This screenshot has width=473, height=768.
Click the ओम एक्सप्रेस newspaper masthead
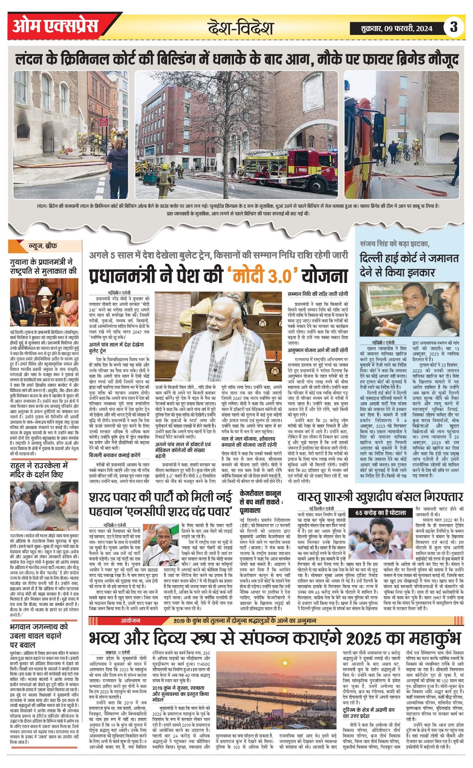coord(56,26)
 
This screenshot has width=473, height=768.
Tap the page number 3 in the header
coord(454,27)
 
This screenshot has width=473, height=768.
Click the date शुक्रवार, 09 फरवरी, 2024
coord(396,28)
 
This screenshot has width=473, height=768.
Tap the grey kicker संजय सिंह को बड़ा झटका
coord(395,244)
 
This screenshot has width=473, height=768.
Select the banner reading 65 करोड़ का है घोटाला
coord(380,513)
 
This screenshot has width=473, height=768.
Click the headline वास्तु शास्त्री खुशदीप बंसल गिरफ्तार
coord(380,497)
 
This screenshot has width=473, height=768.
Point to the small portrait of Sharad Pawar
coord(161,544)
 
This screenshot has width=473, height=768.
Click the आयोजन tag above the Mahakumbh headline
coord(130,621)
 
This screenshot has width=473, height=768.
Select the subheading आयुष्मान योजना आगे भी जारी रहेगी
coord(318,350)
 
